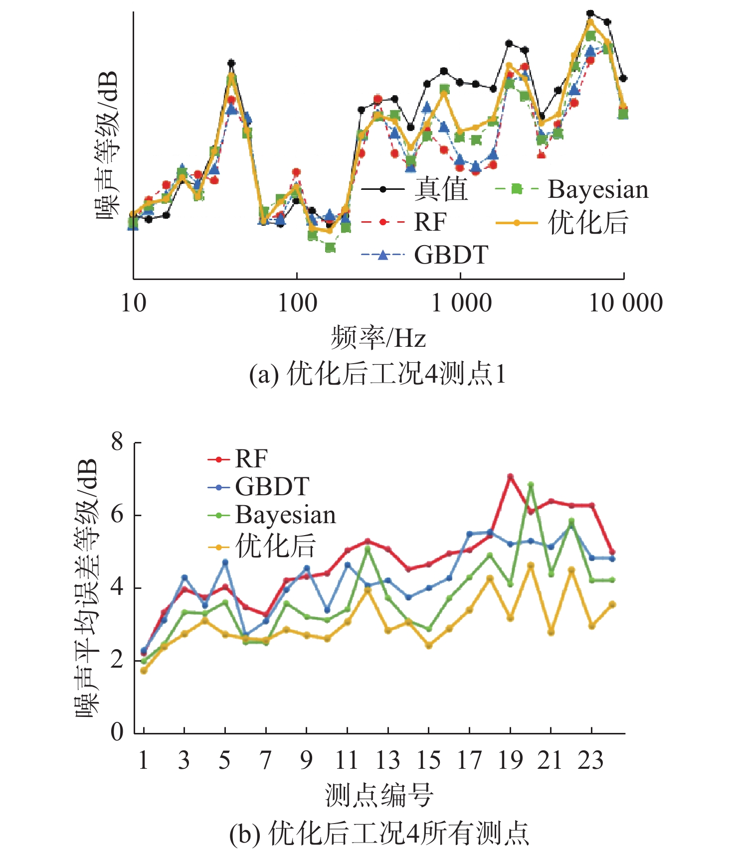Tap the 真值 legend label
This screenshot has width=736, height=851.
pyautogui.click(x=441, y=189)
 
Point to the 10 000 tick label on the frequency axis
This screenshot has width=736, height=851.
pyautogui.click(x=625, y=303)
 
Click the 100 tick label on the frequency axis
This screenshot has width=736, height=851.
pyautogui.click(x=297, y=303)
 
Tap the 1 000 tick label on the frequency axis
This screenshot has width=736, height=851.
pyautogui.click(x=461, y=303)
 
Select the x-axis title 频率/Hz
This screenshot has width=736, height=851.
pyautogui.click(x=378, y=338)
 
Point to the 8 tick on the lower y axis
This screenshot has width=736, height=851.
pyautogui.click(x=117, y=441)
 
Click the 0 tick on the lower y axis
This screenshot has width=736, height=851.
pyautogui.click(x=117, y=732)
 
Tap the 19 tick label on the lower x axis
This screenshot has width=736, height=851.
pyautogui.click(x=510, y=760)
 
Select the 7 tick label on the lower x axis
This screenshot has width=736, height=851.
pyautogui.click(x=266, y=760)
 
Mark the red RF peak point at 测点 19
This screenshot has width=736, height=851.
pyautogui.click(x=510, y=477)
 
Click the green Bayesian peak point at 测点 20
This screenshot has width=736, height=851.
pyautogui.click(x=531, y=484)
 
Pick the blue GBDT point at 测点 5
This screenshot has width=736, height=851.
pyautogui.click(x=225, y=562)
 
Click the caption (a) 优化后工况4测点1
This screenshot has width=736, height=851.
pyautogui.click(x=377, y=374)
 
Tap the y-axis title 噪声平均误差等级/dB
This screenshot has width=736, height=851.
pyautogui.click(x=87, y=588)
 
